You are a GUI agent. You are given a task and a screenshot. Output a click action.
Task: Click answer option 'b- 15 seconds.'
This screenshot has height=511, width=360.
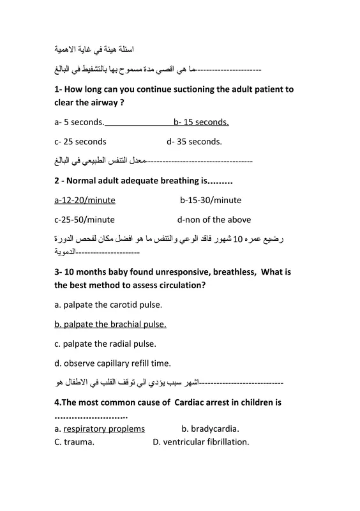(x=201, y=122)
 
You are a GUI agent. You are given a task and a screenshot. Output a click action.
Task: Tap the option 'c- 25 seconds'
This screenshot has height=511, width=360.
(x=80, y=142)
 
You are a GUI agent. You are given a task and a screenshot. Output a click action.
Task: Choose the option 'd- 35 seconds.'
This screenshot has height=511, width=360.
(x=194, y=142)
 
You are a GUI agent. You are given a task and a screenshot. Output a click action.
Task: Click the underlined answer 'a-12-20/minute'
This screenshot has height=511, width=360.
(x=85, y=200)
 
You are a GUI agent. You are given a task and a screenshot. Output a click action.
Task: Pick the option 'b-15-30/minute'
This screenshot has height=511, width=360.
(x=211, y=200)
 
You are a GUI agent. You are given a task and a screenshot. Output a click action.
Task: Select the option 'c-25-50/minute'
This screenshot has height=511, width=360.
(x=85, y=220)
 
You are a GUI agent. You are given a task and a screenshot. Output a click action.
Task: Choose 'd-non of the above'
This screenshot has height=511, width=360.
(x=214, y=220)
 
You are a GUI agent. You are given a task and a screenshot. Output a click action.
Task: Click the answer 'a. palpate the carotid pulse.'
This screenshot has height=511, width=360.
(x=109, y=305)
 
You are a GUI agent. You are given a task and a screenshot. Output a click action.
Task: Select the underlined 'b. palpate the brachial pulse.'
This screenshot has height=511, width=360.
(x=110, y=324)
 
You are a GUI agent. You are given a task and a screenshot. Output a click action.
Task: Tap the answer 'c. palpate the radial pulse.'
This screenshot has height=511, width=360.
(x=105, y=344)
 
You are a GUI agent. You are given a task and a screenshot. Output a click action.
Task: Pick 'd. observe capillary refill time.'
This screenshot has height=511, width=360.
(x=112, y=363)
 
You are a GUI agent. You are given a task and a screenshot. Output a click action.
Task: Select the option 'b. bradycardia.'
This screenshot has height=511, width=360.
(x=214, y=429)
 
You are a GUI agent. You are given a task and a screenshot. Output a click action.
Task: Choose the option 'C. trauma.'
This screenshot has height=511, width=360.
(x=75, y=441)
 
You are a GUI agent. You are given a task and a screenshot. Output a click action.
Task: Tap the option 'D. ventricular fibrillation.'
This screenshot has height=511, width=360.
(x=200, y=441)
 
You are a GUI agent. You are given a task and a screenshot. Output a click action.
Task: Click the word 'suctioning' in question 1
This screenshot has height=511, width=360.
(x=193, y=90)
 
